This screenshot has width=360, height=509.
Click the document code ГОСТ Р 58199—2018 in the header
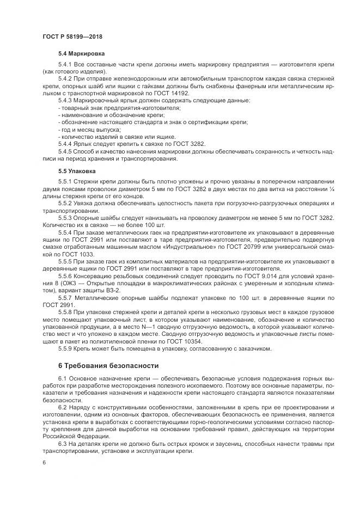[x=72, y=36]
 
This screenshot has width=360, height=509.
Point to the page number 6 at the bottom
[x=44, y=462]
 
